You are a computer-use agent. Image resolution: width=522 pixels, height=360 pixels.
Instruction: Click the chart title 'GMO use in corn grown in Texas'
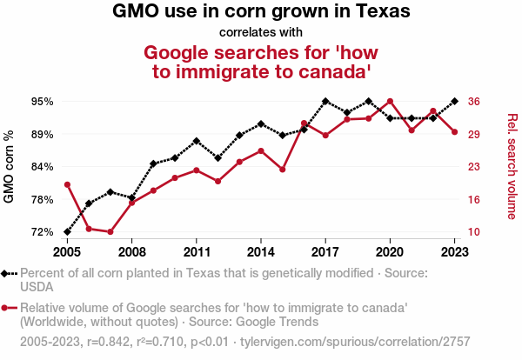tap(261, 12)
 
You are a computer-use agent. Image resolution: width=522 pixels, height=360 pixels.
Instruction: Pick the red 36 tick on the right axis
tap(474, 102)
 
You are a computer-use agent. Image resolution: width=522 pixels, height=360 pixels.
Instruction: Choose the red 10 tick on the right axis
tap(474, 232)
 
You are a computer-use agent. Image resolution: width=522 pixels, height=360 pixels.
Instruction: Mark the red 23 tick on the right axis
tap(474, 167)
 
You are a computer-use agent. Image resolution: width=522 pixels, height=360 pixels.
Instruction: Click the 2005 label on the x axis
tap(67, 252)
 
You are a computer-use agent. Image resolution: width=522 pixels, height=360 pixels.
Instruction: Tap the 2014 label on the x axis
tap(261, 252)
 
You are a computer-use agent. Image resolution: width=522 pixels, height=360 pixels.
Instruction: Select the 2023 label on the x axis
tap(454, 252)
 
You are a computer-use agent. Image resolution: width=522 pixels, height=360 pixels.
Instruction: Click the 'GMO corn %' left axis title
tap(10, 167)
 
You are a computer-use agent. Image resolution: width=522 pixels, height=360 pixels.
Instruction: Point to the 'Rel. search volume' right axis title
tap(512, 166)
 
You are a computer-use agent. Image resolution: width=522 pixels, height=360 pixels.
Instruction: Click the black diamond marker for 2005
tap(67, 232)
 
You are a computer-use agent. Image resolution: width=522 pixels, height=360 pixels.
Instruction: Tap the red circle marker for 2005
tap(67, 184)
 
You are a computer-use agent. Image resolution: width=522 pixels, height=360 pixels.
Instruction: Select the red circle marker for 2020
tap(390, 101)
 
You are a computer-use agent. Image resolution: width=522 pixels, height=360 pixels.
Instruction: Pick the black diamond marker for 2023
tap(454, 101)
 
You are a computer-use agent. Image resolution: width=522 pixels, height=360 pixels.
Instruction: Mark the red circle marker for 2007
tap(110, 232)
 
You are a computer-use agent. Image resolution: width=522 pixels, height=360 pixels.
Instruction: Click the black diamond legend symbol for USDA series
tap(10, 273)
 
